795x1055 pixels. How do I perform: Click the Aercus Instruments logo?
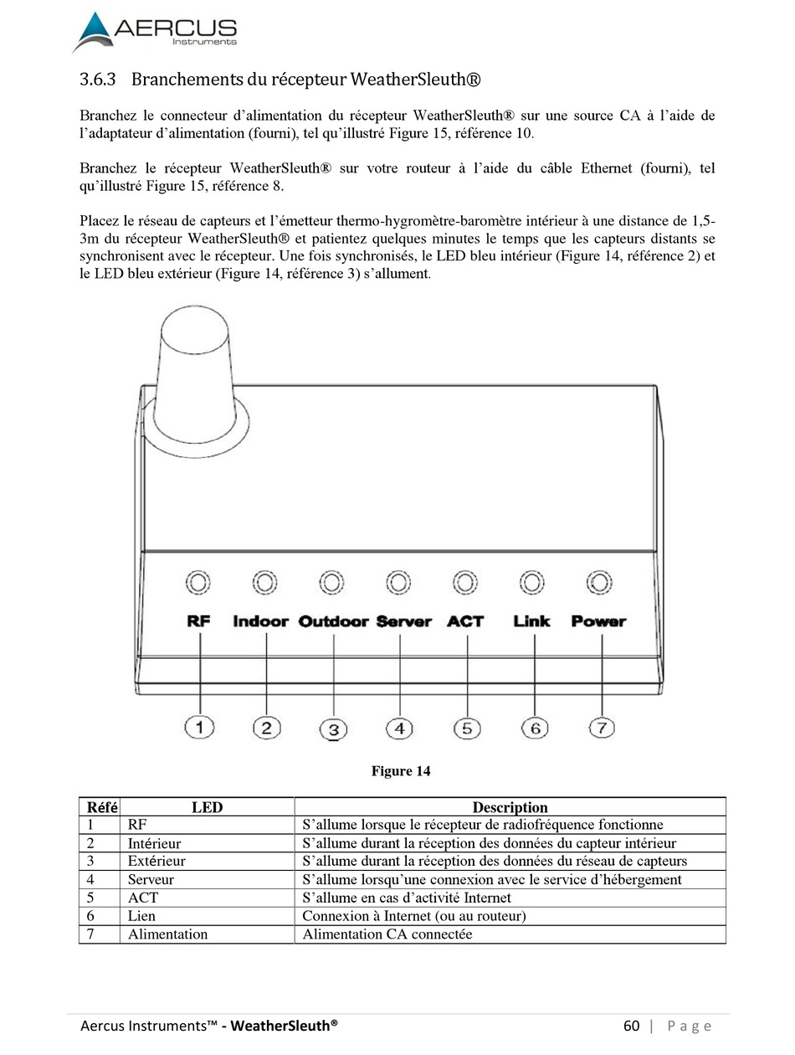pos(155,32)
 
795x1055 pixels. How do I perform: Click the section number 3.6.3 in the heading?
pos(97,80)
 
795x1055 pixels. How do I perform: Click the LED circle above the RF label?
pos(198,582)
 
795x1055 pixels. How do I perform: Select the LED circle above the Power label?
pos(598,582)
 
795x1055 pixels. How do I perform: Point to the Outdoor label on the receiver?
pos(333,621)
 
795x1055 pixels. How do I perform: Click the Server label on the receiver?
pos(403,621)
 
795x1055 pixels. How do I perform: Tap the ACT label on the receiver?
pos(465,621)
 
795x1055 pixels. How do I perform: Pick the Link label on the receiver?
pos(532,621)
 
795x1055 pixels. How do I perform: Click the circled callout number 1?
pos(199,728)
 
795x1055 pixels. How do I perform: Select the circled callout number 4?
pos(400,728)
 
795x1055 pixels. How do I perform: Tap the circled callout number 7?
pos(602,728)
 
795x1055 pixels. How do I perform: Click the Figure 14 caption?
pos(401,771)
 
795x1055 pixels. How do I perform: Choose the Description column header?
pos(510,807)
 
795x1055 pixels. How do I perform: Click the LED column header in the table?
pos(207,807)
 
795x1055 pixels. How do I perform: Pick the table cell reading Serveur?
pos(151,879)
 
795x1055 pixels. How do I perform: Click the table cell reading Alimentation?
pos(167,934)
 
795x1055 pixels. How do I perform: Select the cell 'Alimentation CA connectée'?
pos(387,934)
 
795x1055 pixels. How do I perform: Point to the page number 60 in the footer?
pos(631,1026)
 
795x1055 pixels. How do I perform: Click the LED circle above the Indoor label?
pos(265,582)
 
